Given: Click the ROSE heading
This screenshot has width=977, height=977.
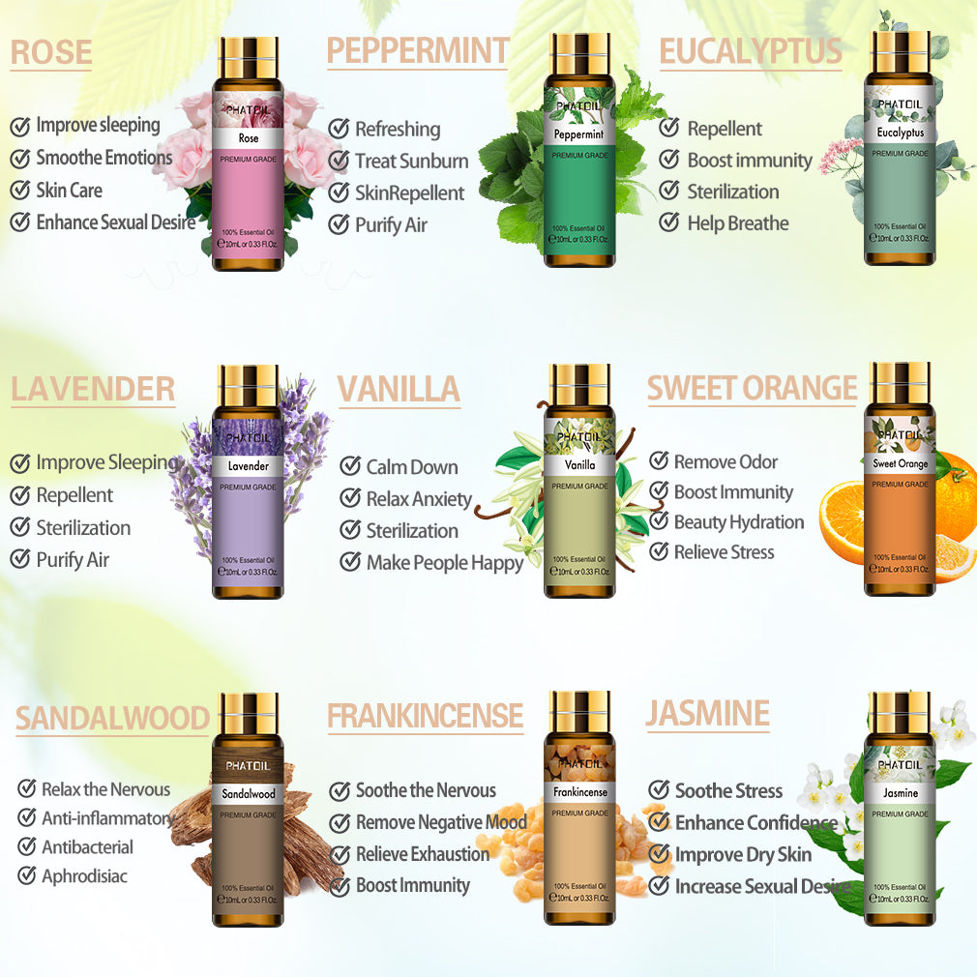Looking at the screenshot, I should pos(51,53).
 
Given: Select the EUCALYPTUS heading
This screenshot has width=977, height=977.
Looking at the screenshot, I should pos(751,52).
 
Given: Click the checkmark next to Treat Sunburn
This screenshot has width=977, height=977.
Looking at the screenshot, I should pos(339,162).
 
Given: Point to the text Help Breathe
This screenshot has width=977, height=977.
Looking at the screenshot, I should pos(737,223).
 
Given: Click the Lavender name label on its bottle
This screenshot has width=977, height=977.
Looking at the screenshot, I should pos(248,466).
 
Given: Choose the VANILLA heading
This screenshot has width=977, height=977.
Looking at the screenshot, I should pos(399,389).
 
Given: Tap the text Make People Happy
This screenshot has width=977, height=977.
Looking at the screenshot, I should pos(444,563).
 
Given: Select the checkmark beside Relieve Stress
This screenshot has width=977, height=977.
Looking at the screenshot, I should pos(659,552).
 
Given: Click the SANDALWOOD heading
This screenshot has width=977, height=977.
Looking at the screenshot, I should pos(112,719).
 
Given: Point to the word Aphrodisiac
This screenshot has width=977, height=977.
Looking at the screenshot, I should pos(84,877).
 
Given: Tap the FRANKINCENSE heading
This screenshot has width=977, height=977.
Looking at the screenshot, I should pos(425,716).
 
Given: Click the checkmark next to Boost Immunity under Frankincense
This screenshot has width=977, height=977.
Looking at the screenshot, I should pos(340,886).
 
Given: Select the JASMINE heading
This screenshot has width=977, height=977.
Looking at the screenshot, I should pos(707,714).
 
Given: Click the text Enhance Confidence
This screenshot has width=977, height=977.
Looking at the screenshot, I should pos(755,823).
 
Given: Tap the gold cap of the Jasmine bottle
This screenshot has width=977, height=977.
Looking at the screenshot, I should pos(900,711).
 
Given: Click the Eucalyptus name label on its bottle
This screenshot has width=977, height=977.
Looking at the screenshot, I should pos(901,133).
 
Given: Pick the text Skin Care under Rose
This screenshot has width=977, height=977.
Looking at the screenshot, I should pos(69,191).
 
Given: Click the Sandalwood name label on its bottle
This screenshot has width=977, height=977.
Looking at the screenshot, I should pos(249,793).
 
